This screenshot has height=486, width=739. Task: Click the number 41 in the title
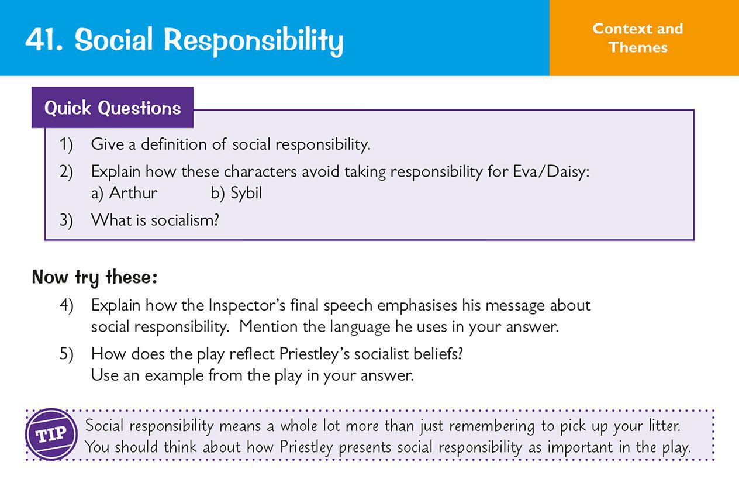click(43, 39)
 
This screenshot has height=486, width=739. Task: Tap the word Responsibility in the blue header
click(253, 41)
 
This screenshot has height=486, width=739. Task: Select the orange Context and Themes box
click(644, 37)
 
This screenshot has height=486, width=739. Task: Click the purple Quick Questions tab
click(112, 108)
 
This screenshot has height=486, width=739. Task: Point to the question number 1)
click(66, 144)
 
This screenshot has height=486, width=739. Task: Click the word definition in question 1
click(174, 144)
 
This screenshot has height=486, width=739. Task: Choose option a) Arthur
click(125, 193)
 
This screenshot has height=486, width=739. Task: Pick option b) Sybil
click(237, 193)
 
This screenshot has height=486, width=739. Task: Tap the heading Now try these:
click(95, 277)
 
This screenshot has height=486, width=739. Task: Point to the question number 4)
click(66, 305)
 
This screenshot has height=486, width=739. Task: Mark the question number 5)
click(66, 354)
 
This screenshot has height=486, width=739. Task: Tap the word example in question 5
click(174, 375)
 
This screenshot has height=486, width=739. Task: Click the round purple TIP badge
click(51, 435)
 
